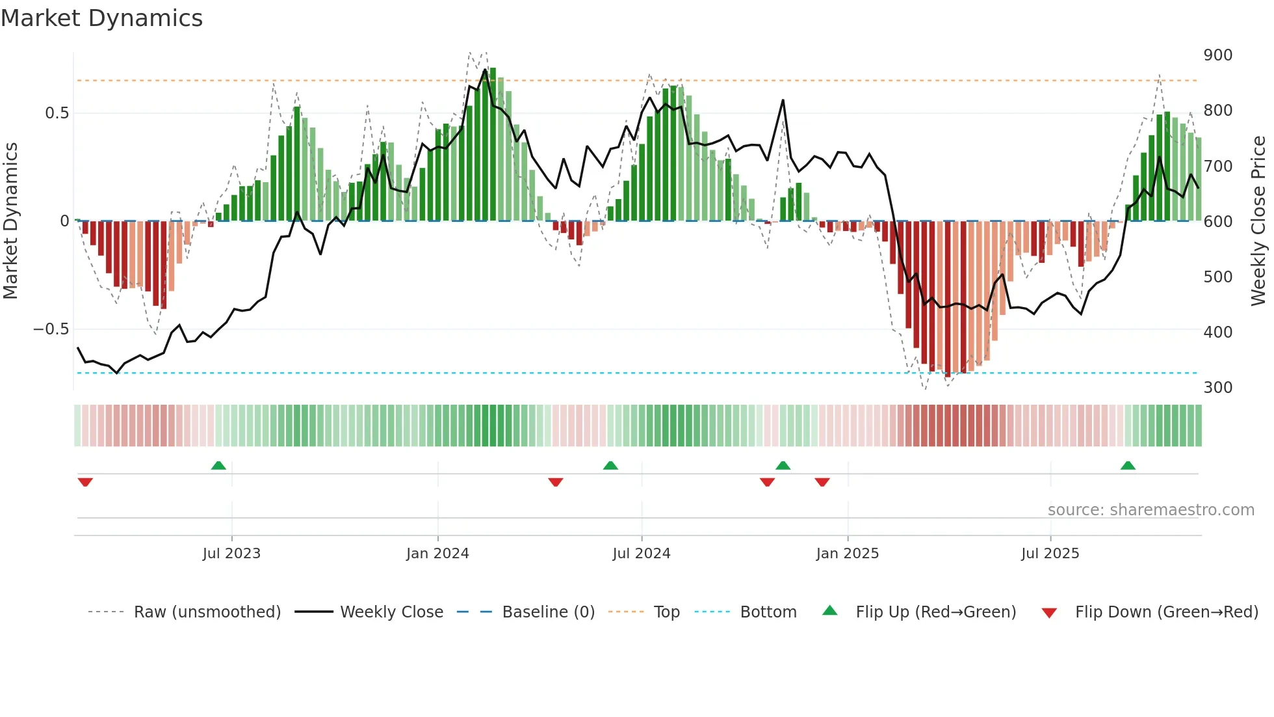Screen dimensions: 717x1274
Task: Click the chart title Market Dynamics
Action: (x=102, y=18)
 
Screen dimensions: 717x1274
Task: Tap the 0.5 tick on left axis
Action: (x=57, y=113)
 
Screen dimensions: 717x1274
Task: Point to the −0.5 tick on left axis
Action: (x=51, y=329)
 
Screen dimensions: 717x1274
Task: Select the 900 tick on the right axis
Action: (x=1217, y=55)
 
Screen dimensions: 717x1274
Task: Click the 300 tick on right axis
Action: (x=1217, y=388)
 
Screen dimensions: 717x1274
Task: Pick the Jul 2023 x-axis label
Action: (x=231, y=554)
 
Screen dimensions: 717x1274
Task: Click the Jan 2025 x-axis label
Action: (x=847, y=554)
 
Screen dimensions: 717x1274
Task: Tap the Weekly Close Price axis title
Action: (x=1258, y=221)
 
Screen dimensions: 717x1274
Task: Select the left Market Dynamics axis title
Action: (x=10, y=221)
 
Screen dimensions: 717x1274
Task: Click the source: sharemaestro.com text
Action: (x=1150, y=510)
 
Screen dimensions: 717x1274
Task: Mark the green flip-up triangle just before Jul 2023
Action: (x=218, y=466)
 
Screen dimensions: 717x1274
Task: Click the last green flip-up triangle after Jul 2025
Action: (x=1128, y=466)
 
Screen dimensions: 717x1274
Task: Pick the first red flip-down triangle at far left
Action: (x=85, y=482)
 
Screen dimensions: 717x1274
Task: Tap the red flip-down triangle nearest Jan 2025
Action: (x=822, y=482)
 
